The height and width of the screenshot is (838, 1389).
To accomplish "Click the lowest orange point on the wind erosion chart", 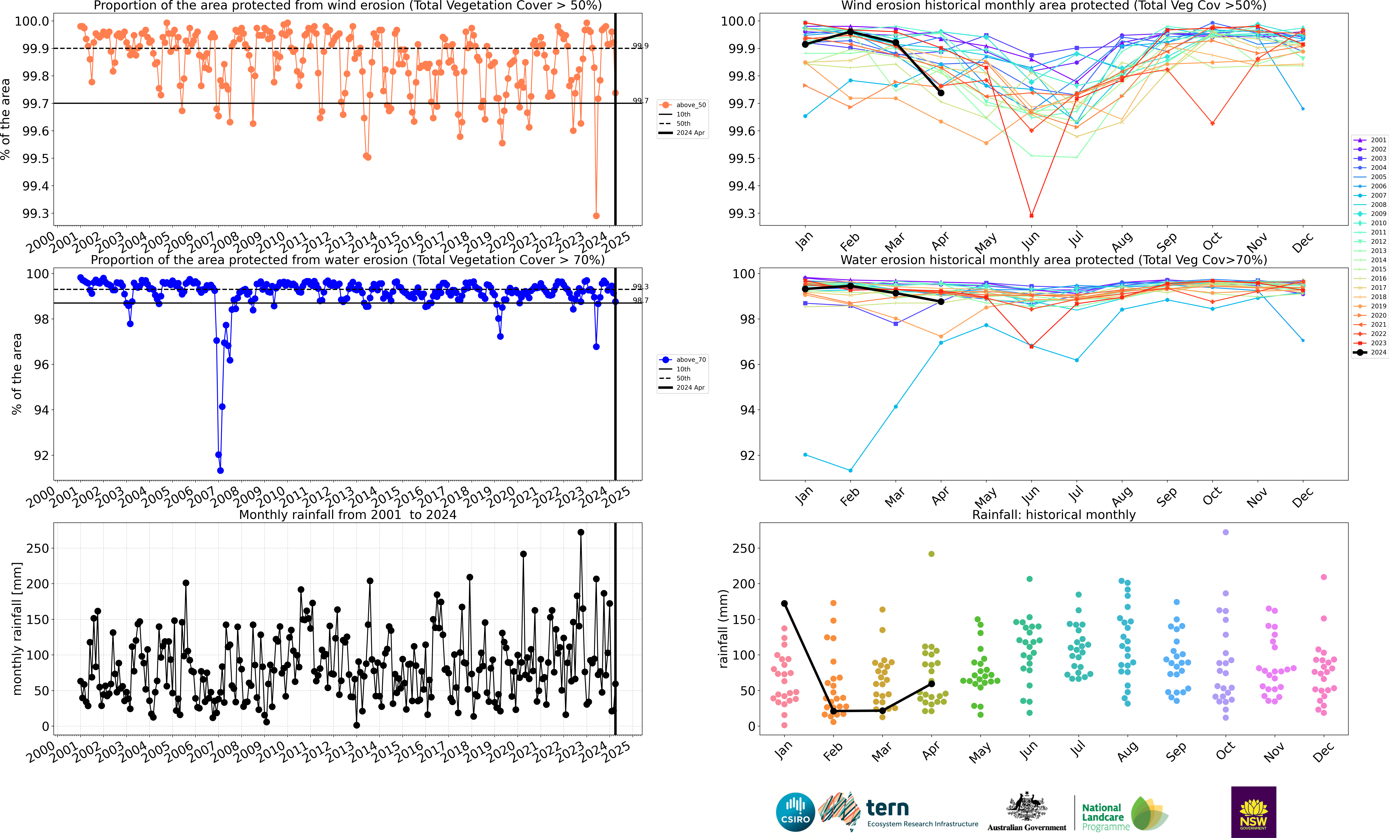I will [596, 216].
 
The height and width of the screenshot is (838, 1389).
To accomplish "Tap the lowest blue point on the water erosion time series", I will [220, 471].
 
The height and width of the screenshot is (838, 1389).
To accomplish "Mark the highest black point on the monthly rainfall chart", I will [581, 532].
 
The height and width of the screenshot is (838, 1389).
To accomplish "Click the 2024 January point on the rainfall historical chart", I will [784, 604].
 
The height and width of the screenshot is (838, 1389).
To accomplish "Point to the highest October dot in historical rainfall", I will [1225, 532].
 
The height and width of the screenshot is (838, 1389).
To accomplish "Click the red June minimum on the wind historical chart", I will [1032, 216].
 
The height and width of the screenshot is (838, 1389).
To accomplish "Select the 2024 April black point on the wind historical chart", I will [941, 92].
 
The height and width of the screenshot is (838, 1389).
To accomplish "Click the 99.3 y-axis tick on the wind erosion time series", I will [35, 214].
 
